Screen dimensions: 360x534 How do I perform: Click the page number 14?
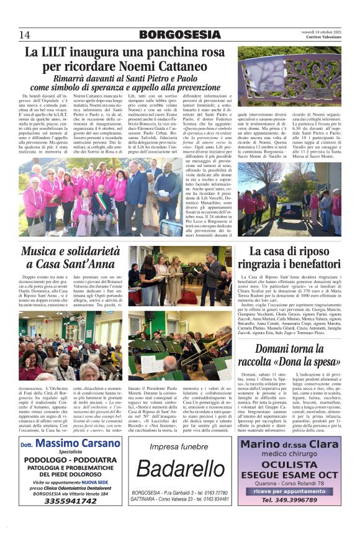[25, 34]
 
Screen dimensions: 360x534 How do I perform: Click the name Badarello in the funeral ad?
[179, 469]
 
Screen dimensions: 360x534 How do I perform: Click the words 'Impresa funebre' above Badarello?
[179, 446]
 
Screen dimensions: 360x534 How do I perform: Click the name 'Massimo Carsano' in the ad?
[78, 445]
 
